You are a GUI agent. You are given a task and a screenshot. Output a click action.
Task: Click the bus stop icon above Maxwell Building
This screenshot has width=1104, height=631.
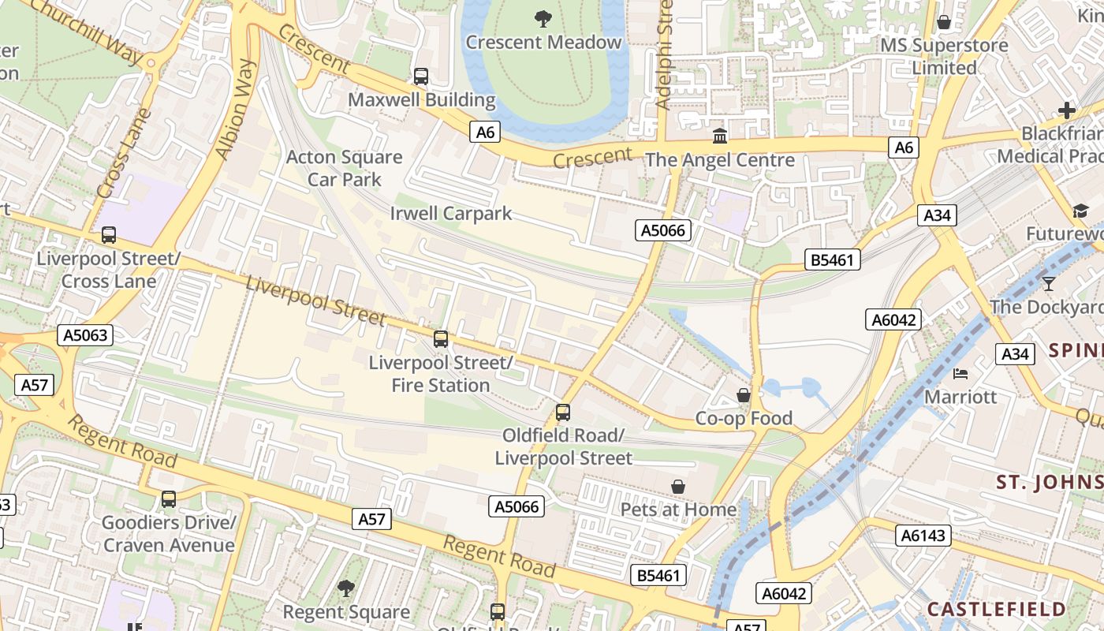point(421,77)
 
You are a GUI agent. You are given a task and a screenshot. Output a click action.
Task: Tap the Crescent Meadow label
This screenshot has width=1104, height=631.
point(543,42)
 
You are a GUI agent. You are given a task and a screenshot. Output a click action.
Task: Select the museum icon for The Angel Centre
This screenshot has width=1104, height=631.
point(719,136)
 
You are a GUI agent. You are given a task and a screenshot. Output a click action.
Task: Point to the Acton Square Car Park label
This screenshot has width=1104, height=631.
point(344,168)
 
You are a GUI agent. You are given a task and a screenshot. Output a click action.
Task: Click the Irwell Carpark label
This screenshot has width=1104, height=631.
point(450,213)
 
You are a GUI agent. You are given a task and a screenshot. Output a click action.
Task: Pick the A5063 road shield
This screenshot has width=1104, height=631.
point(85,335)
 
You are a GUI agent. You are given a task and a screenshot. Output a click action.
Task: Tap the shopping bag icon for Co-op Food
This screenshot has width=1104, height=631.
point(743,394)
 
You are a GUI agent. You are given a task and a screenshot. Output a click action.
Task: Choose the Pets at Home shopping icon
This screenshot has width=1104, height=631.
point(677,487)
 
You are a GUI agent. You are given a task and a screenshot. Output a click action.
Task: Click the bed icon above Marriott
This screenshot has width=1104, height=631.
point(960,373)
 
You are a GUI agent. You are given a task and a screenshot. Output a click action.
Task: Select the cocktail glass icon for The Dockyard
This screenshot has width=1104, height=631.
point(1048,283)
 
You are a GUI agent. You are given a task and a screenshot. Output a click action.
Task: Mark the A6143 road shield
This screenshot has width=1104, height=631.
point(923,536)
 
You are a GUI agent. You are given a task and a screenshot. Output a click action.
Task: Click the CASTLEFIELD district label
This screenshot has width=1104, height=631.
point(996,609)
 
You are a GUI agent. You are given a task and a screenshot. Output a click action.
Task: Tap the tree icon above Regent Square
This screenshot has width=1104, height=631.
point(345,588)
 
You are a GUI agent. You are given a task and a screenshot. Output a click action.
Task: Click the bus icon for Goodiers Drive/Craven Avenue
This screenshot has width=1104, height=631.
point(168,498)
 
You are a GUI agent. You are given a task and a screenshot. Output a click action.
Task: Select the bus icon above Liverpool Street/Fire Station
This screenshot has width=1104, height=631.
point(440,339)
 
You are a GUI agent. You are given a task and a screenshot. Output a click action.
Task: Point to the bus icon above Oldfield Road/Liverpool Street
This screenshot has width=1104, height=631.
point(562,412)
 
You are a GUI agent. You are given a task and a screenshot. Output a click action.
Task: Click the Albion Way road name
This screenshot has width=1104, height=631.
point(236,110)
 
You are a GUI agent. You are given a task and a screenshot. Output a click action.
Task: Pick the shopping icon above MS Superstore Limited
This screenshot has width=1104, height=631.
point(943,22)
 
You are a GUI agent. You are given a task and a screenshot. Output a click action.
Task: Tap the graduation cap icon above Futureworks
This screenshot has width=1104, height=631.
point(1080,211)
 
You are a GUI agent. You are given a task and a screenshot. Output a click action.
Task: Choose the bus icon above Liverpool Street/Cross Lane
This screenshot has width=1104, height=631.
point(108,235)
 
